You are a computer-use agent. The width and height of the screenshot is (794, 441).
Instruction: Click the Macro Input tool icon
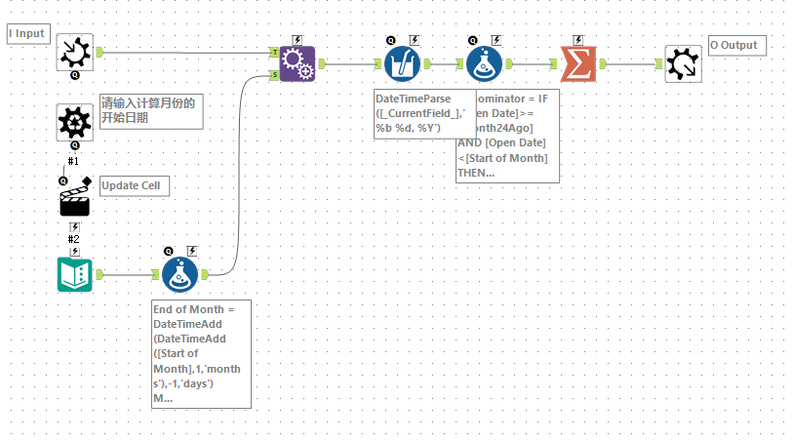coord(74,52)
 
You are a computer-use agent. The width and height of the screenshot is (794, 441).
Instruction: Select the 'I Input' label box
coord(27,34)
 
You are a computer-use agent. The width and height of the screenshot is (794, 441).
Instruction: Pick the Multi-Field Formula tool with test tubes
coord(401,64)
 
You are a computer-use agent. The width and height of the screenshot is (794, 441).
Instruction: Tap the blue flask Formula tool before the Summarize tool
coord(484,64)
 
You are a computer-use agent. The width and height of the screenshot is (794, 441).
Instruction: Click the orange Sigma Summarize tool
coord(578,64)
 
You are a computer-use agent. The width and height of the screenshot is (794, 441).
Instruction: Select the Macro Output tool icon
coord(683,64)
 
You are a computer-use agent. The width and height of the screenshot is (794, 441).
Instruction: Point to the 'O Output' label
coord(736,45)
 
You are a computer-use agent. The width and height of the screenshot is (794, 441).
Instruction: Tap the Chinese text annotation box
coord(151,111)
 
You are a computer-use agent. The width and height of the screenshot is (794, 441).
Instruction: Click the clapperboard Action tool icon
coord(75,199)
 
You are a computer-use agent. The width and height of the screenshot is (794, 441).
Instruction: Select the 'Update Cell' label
coord(135,185)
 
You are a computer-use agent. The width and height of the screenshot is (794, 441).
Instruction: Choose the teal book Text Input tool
coord(74,274)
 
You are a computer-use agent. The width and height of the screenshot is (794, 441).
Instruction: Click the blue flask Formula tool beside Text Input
coord(179,274)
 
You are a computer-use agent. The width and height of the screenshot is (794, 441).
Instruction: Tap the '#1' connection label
coord(74,161)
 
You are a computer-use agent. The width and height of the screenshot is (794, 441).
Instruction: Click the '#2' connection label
coord(74,239)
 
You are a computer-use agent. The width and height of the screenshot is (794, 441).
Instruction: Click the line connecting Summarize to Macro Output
coord(634,64)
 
